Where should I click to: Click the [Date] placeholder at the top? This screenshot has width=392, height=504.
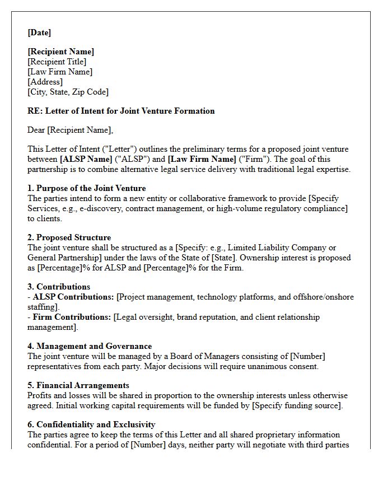click(x=39, y=32)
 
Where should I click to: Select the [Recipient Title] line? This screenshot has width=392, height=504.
click(x=57, y=62)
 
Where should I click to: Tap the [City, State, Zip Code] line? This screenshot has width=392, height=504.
click(x=68, y=92)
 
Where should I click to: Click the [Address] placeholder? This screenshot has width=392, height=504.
click(x=45, y=82)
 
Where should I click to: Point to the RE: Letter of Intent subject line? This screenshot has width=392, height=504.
click(x=121, y=111)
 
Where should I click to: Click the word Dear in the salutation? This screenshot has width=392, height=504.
click(x=36, y=130)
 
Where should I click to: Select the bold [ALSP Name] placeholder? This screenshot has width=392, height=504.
click(x=86, y=159)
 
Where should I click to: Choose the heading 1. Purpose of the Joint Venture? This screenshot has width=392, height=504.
click(x=86, y=188)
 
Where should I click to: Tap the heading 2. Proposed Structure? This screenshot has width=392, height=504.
click(x=69, y=237)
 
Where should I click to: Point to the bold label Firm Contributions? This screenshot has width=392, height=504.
click(x=72, y=317)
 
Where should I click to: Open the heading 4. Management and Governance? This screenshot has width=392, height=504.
click(x=90, y=346)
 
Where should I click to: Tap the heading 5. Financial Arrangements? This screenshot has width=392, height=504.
click(x=78, y=385)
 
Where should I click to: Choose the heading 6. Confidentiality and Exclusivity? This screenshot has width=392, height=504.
click(x=91, y=424)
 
